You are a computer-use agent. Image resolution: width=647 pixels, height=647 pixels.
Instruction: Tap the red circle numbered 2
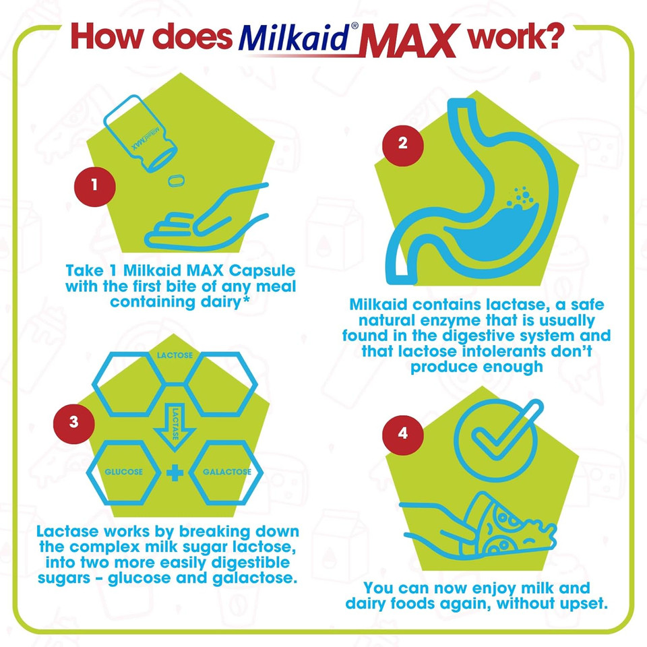(x=403, y=144)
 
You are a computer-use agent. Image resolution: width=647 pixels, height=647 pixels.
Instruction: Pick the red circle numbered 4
(x=403, y=433)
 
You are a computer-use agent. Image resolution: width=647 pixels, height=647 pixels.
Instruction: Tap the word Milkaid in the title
(x=295, y=39)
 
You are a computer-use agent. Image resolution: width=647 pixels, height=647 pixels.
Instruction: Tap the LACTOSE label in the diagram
(x=173, y=355)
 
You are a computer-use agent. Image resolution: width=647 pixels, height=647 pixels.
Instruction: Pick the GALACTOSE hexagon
(x=226, y=472)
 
